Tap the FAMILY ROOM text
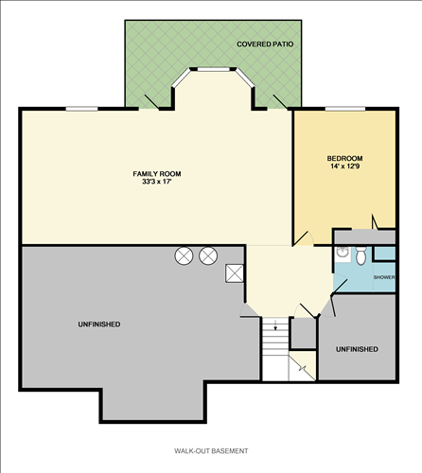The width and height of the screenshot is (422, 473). pos(156,173)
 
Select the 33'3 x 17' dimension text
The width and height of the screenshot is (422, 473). pos(156,182)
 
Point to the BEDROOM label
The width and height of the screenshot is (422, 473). pos(345,158)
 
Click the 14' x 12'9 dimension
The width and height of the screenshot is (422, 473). pos(345,166)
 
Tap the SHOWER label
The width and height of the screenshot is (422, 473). pos(383,277)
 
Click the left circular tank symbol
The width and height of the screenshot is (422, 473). pos(184,254)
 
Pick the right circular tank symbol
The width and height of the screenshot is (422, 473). pos(207,254)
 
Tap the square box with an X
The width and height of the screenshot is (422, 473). pos(234,272)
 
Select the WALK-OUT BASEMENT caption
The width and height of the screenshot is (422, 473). pos(211,450)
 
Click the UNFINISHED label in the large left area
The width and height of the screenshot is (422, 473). pos(98,324)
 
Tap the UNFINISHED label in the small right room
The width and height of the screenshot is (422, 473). pos(357,349)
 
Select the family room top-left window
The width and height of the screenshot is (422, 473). pos(81,110)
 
